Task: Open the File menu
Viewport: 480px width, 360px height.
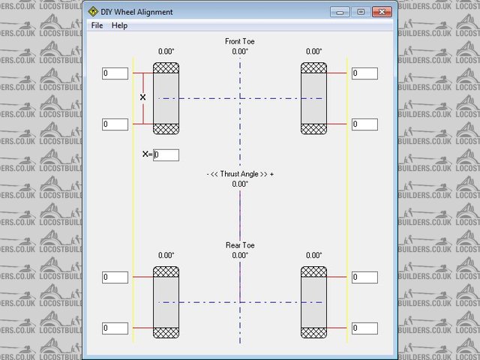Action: coord(97,25)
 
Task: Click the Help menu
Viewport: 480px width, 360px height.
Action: coord(119,25)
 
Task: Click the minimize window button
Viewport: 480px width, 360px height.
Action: coord(341,12)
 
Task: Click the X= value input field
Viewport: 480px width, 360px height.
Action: coord(166,154)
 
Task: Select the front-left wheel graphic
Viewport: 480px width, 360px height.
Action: coord(166,98)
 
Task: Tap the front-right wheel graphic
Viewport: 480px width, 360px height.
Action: coord(313,98)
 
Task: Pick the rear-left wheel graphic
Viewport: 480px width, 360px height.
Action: coord(166,302)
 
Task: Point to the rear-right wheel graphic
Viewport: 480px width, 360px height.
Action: coord(313,302)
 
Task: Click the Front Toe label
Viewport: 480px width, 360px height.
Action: coord(240,41)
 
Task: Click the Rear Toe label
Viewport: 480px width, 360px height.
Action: coord(240,245)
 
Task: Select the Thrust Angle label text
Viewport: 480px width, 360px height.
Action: coord(240,173)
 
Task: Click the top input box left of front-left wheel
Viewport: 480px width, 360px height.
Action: coord(115,73)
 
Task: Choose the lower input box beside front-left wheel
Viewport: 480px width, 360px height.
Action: coord(115,124)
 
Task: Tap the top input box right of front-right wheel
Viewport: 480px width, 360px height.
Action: coord(364,73)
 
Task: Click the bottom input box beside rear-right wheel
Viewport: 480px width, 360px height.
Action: coord(364,328)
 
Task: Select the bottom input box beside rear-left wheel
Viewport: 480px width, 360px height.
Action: coord(115,328)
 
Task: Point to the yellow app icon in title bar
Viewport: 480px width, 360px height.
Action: coord(93,12)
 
